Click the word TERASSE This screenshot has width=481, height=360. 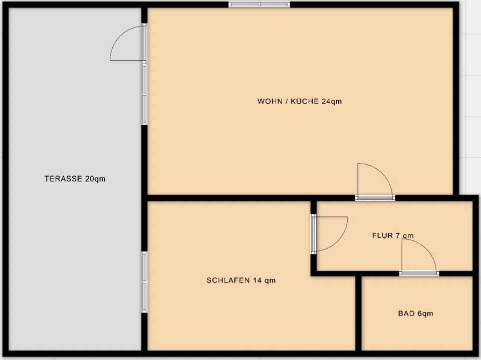(63, 178)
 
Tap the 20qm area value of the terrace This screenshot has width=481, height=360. (95, 179)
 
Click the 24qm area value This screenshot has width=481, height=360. (332, 101)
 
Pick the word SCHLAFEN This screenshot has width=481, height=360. (228, 280)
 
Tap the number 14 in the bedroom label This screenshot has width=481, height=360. (257, 280)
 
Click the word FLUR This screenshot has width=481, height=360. (382, 235)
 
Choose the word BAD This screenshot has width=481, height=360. (406, 313)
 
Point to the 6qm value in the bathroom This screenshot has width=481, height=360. (425, 314)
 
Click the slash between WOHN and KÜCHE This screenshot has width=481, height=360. (287, 101)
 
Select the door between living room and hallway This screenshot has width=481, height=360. (375, 182)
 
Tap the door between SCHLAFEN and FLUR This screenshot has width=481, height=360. (329, 234)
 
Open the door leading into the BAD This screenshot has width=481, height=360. (419, 257)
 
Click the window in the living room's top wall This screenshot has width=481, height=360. (259, 5)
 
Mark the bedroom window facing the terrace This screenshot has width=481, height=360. (144, 282)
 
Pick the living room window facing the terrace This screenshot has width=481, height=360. (144, 93)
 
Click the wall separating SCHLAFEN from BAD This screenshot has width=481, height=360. (358, 313)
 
